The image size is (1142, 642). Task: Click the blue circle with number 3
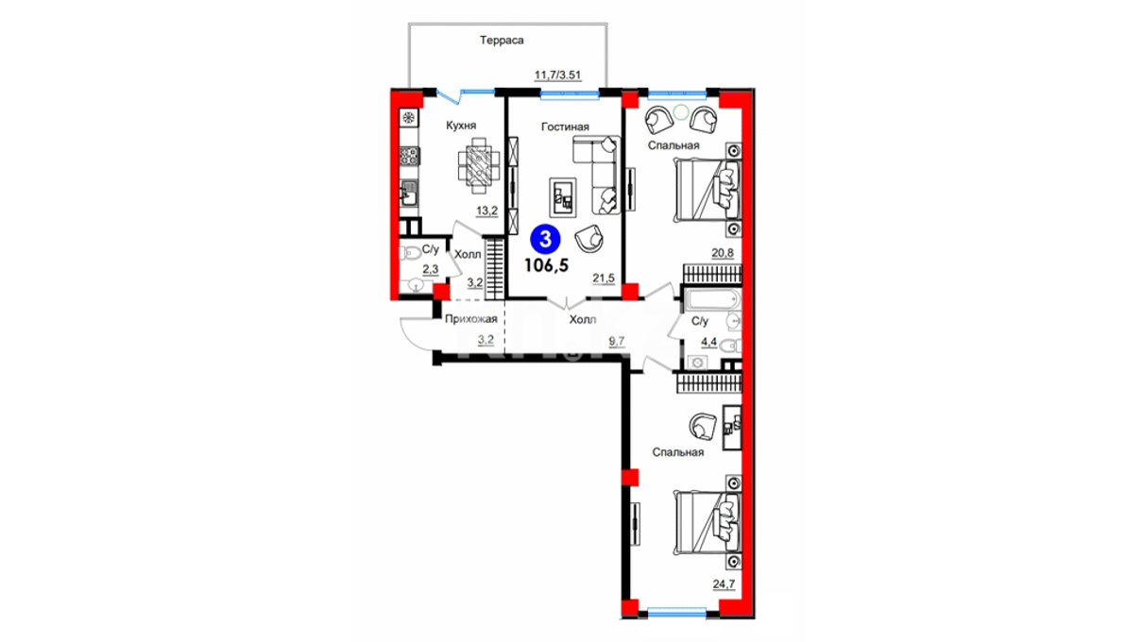pyautogui.click(x=546, y=240)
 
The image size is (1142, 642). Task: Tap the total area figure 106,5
pyautogui.click(x=547, y=265)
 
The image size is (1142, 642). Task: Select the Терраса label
pyautogui.click(x=502, y=41)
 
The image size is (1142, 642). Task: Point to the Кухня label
pyautogui.click(x=461, y=126)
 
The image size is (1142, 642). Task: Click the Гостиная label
pyautogui.click(x=565, y=127)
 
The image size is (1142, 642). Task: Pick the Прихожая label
pyautogui.click(x=470, y=319)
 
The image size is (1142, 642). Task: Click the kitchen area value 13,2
pyautogui.click(x=130, y=211)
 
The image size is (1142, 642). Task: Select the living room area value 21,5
pyautogui.click(x=604, y=279)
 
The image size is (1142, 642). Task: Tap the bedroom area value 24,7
pyautogui.click(x=724, y=583)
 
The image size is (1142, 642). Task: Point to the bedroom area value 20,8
pyautogui.click(x=723, y=252)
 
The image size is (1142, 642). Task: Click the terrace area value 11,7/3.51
pyautogui.click(x=557, y=76)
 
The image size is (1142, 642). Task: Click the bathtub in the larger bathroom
pyautogui.click(x=713, y=299)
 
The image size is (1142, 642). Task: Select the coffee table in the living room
pyautogui.click(x=563, y=196)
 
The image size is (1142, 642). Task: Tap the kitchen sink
pyautogui.click(x=409, y=194)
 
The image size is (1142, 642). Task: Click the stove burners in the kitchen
pyautogui.click(x=409, y=156)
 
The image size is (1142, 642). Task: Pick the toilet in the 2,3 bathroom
pyautogui.click(x=408, y=252)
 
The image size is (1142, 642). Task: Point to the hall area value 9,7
pyautogui.click(x=617, y=342)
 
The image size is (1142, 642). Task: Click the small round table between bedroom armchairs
pyautogui.click(x=681, y=112)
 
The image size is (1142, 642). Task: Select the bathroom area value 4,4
pyautogui.click(x=708, y=343)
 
